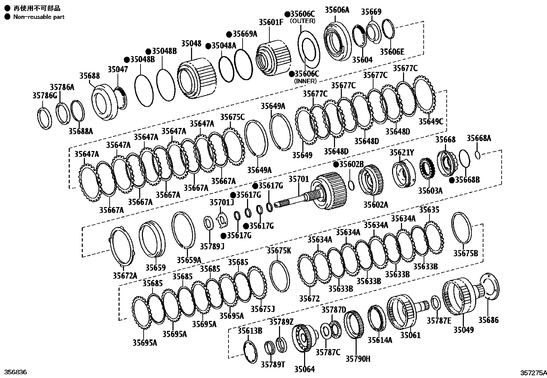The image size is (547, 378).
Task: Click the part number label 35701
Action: coord(299,179)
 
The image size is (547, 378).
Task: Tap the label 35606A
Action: coord(337,10)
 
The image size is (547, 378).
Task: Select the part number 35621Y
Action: coord(402,152)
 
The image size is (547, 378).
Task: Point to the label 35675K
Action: coord(279,251)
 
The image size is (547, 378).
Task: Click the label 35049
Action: coord(463,330)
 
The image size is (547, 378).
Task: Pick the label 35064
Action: coord(304,369)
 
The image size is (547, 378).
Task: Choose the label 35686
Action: coord(489,320)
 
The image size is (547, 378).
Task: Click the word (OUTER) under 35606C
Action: coord(302,21)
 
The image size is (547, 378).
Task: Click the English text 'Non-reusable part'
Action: coord(38,17)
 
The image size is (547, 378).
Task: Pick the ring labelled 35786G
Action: coord(44,118)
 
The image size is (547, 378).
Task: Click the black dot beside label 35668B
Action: coord(451,180)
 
